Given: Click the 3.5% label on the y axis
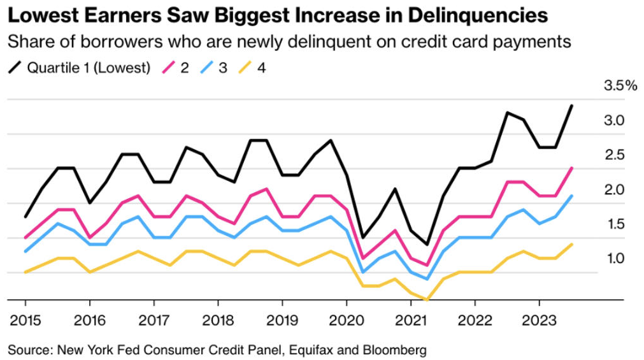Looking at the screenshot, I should point(620,86).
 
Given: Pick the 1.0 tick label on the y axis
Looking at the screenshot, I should point(615,259).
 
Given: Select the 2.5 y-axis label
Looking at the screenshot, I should point(615,155).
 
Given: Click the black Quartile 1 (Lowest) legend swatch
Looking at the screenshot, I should point(15,67).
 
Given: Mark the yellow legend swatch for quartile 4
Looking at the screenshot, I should point(244,67).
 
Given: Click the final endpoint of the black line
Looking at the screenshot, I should point(571,106).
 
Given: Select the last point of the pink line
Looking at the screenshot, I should point(571,168).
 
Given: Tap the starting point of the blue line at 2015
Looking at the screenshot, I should point(25,252).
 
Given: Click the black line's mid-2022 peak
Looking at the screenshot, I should point(507,113).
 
